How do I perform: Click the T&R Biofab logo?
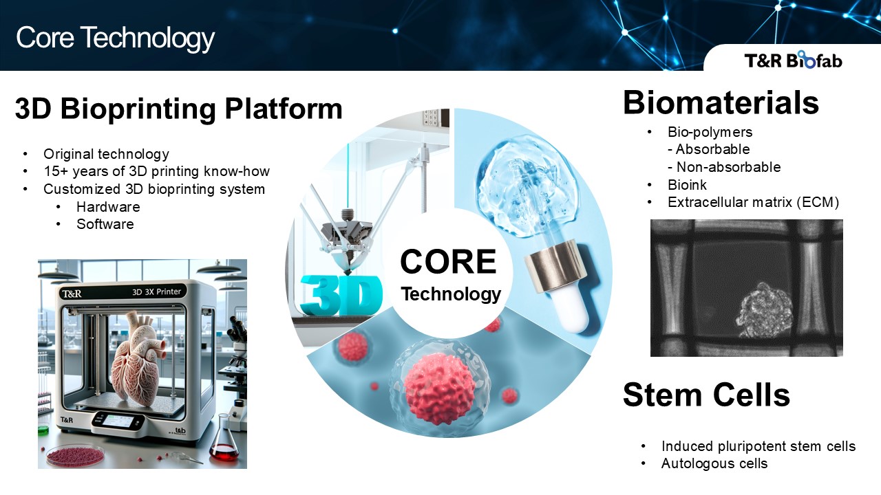click(793, 60)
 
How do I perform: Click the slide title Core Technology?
click(115, 38)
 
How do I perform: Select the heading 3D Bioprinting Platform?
click(178, 109)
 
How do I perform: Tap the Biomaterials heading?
click(721, 103)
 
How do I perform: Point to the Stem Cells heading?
click(706, 395)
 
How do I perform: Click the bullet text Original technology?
click(106, 154)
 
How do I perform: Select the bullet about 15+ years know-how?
click(156, 171)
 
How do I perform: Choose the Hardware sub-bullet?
click(108, 207)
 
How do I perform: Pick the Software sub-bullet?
click(105, 224)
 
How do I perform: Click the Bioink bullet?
click(687, 185)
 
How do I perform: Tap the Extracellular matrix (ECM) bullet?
click(753, 202)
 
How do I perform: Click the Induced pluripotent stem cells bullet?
click(758, 446)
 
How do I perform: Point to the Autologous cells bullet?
click(714, 463)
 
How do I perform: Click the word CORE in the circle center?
click(448, 262)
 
